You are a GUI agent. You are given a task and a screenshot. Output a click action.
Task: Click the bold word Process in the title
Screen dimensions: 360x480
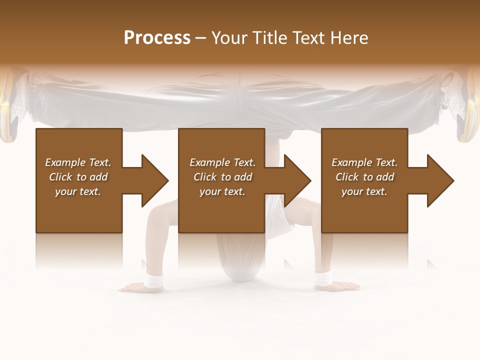coord(157,38)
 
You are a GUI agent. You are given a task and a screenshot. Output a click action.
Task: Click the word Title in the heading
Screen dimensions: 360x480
coord(270,38)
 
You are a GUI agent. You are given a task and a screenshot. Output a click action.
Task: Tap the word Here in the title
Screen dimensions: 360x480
coord(348,38)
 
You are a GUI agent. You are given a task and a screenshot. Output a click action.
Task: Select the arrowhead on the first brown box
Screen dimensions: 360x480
coord(150,180)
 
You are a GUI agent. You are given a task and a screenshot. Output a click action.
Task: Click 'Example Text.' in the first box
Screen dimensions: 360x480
coord(78,162)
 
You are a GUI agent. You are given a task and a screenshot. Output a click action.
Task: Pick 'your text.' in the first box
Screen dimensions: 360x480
coord(78,191)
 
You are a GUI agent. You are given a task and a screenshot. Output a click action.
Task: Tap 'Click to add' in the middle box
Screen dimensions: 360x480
coord(222,177)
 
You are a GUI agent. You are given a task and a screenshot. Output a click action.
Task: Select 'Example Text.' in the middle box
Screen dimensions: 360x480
coord(222,162)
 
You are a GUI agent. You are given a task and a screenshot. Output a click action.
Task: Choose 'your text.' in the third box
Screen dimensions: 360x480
coord(364,191)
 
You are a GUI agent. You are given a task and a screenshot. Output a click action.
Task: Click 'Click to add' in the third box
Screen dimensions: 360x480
coord(364,177)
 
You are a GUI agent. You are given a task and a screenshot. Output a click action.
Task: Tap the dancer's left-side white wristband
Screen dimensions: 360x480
coord(153,282)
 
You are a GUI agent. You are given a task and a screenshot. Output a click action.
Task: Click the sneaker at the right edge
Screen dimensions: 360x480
coord(467,105)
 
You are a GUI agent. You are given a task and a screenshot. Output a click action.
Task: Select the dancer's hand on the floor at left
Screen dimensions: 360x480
coord(131,287)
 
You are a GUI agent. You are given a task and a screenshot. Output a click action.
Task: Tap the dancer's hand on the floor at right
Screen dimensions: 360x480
coord(345,286)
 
